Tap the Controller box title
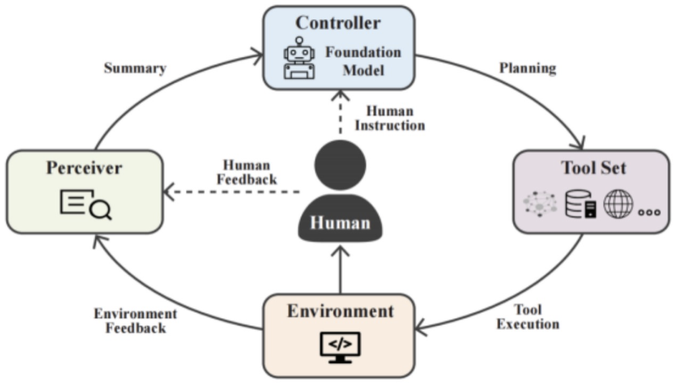click(338, 23)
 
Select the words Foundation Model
click(363, 61)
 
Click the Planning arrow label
click(528, 69)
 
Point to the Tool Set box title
click(593, 168)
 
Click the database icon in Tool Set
click(579, 204)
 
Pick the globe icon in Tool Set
click(618, 203)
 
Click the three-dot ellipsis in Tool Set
click(649, 210)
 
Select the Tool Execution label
click(528, 317)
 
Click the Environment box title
click(340, 311)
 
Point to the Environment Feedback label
click(135, 321)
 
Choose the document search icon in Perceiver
click(85, 204)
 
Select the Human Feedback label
click(247, 173)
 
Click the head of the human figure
click(340, 163)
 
